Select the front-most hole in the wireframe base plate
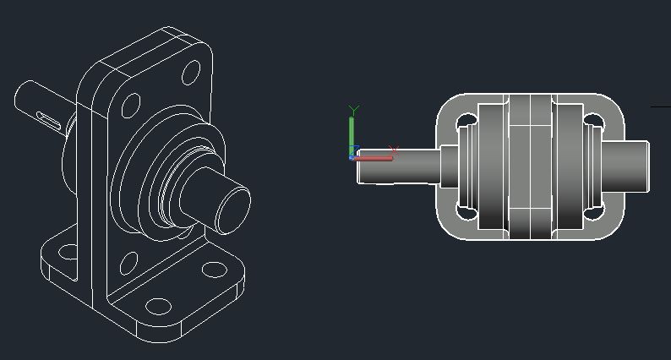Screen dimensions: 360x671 157,305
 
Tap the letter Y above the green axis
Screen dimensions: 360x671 355,110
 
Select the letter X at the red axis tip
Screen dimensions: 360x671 393,150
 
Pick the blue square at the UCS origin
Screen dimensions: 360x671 352,156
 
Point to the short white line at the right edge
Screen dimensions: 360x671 660,107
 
